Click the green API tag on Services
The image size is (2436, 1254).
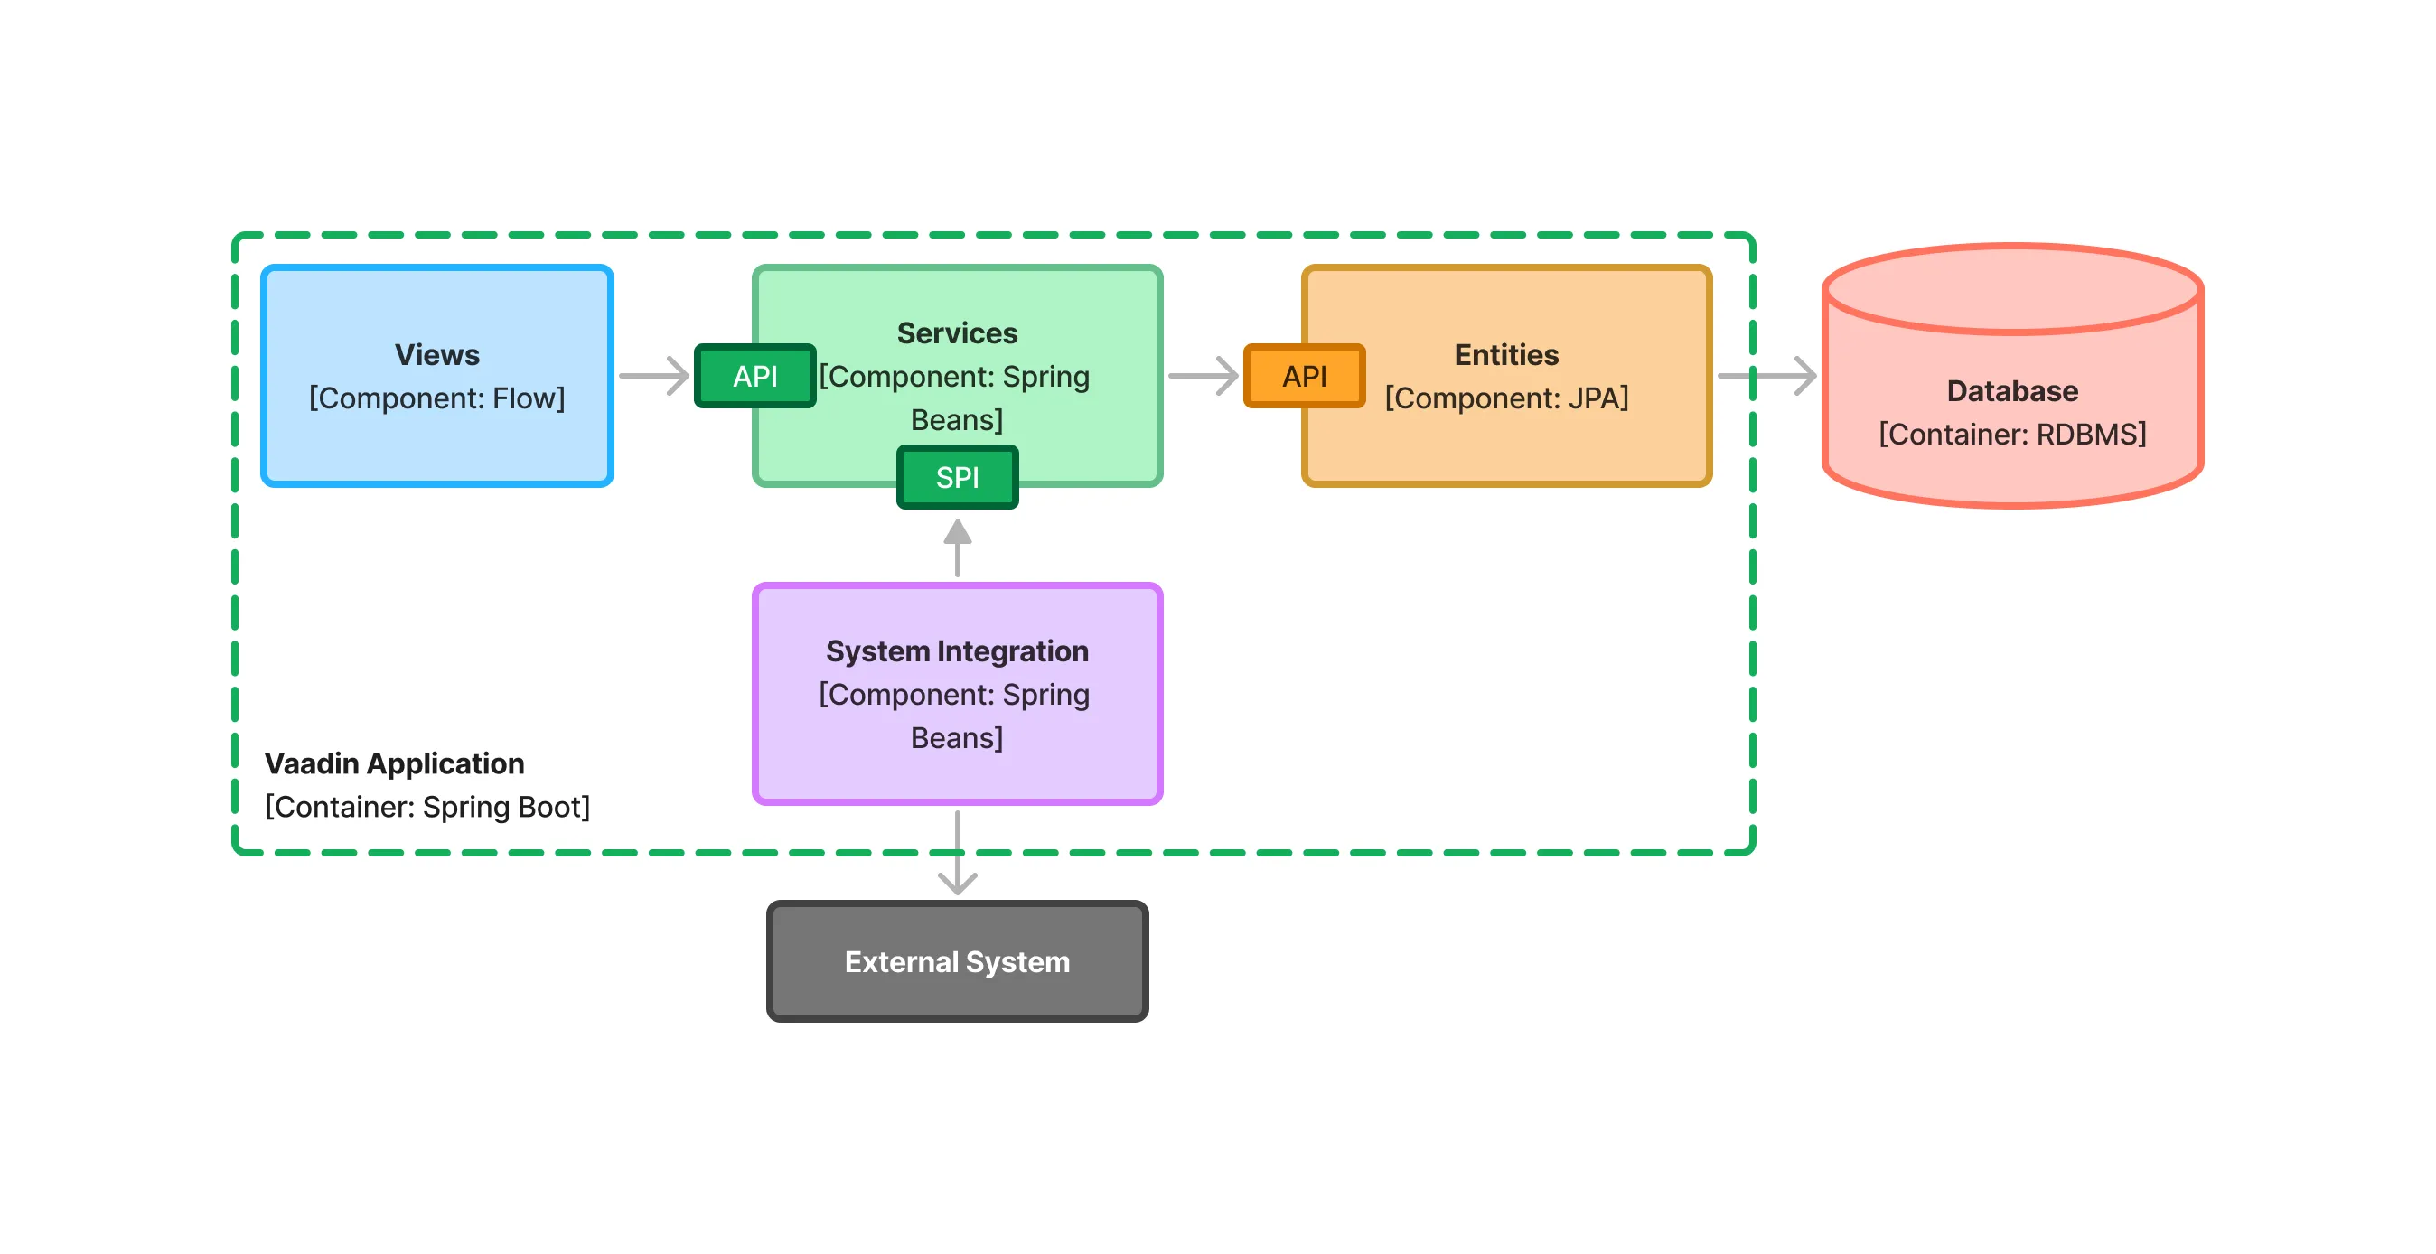754,377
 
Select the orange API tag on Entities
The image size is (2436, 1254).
1304,377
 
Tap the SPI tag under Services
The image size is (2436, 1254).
957,478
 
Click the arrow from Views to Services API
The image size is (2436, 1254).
654,377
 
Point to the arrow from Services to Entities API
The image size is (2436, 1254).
1203,377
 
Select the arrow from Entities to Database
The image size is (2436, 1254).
1766,377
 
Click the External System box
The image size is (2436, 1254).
957,962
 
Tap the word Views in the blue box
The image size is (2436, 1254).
437,355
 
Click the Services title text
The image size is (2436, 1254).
957,332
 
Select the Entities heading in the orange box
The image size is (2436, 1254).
1506,355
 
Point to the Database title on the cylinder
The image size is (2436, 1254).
2012,390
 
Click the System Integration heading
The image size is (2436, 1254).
957,650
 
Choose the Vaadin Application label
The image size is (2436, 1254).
394,763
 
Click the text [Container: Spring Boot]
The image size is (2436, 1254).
427,807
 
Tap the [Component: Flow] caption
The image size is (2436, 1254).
437,398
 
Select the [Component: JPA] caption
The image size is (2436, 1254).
1506,398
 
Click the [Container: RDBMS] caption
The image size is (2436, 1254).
2012,434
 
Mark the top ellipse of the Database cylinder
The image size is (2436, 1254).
2012,288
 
